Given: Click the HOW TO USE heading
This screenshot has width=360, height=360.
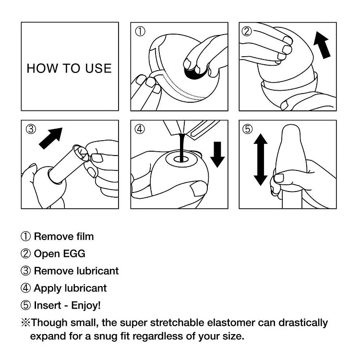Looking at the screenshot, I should (69, 68).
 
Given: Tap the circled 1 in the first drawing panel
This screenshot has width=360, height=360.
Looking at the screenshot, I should (140, 32).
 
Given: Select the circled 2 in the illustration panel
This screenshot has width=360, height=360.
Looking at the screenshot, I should (247, 32).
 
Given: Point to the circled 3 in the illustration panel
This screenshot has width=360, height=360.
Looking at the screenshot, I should (31, 129).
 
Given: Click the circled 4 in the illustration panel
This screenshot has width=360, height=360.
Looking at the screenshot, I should (140, 129).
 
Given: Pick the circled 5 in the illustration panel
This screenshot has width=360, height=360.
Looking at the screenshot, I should (247, 129).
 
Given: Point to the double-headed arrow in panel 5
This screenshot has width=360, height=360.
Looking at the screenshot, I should (260, 160).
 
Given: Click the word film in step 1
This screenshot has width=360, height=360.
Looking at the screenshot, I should (85, 236).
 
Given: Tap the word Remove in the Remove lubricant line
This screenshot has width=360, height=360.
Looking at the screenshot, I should (49, 271).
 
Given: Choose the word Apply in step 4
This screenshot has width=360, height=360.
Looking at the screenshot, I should (46, 288).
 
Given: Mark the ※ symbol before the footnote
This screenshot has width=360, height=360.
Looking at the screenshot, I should (25, 323).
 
